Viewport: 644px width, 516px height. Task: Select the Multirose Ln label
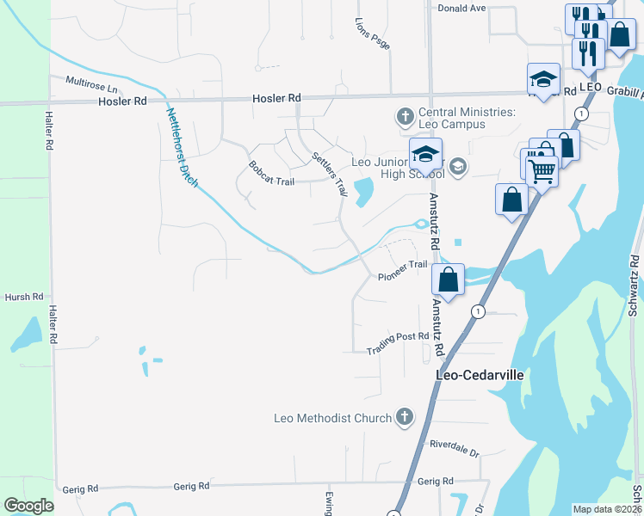(x=90, y=84)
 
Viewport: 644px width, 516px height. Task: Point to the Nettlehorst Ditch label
(x=182, y=148)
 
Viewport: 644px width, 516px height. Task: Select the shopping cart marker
(x=541, y=169)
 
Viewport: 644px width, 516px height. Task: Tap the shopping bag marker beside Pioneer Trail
(x=448, y=280)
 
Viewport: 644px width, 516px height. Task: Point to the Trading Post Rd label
(x=398, y=344)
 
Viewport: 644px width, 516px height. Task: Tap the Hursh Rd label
(x=23, y=297)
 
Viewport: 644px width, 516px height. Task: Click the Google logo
(x=28, y=506)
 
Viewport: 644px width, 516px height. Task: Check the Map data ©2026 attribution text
(x=606, y=509)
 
